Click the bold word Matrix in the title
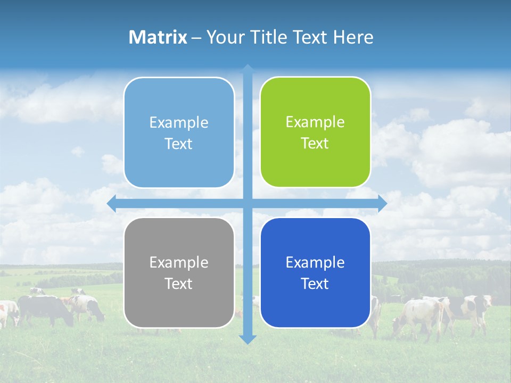click(158, 37)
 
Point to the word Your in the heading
click(224, 37)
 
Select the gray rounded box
click(179, 303)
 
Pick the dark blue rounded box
click(315, 303)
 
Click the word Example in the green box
click(315, 122)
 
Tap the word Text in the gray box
click(178, 284)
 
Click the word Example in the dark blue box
click(315, 262)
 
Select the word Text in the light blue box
click(178, 144)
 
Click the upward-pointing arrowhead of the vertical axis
click(248, 69)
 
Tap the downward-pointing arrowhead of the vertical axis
click(248, 339)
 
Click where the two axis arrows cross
click(248, 204)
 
